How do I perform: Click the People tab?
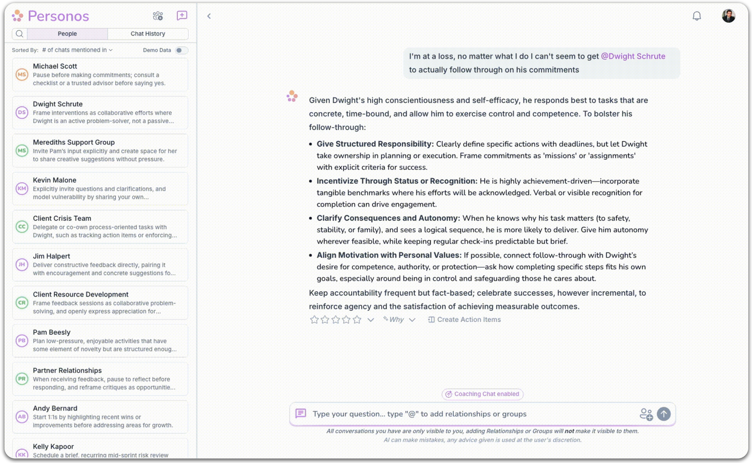pos(67,34)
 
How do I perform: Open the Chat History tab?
pos(148,34)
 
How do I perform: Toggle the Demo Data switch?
pos(181,50)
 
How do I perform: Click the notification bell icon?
pos(696,16)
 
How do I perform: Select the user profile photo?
pos(728,16)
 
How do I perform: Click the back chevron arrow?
pos(209,16)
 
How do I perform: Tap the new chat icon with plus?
pos(182,16)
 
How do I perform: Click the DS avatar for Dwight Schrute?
pos(22,112)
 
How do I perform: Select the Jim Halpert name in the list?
pos(51,256)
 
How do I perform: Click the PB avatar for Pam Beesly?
pos(22,341)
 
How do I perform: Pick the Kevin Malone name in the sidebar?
pos(55,180)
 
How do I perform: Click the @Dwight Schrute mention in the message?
pos(633,56)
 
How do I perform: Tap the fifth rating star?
pos(357,320)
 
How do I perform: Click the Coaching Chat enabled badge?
pos(482,394)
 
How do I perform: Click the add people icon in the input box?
pos(646,414)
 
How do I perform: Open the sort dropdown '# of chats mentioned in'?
pos(77,50)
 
